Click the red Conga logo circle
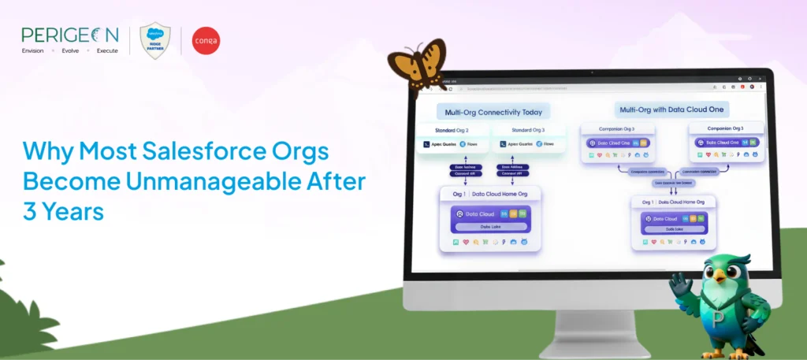(x=206, y=40)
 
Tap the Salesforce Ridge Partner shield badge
(x=155, y=40)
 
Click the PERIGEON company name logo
(x=70, y=35)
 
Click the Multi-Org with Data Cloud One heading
(x=674, y=109)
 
